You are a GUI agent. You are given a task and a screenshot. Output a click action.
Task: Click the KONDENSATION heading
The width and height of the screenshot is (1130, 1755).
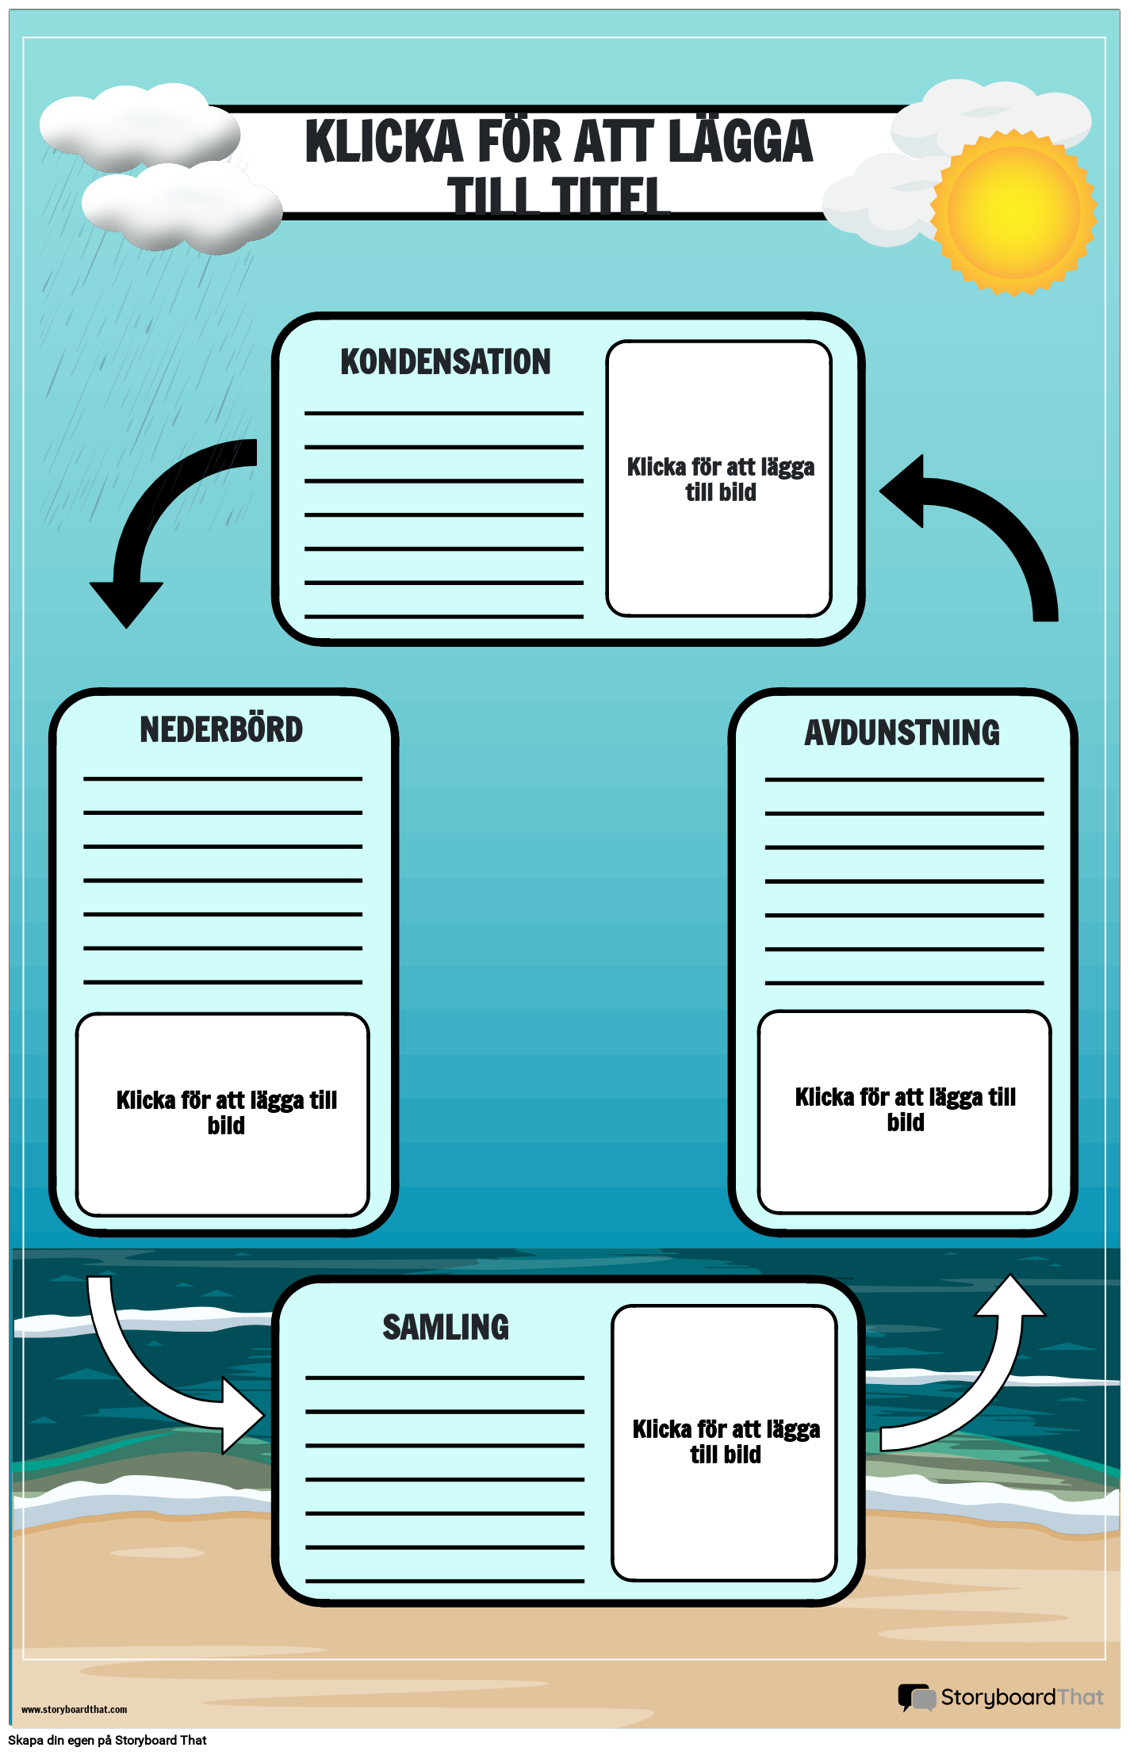click(445, 362)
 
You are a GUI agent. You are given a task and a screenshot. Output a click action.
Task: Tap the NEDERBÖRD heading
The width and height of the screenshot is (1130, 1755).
click(221, 730)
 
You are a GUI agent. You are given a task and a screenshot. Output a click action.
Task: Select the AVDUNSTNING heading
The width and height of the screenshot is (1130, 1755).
click(902, 733)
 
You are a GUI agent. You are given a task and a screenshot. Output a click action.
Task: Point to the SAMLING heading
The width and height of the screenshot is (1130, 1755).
click(446, 1328)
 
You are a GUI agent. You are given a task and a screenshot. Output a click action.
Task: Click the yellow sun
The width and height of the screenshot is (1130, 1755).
click(1013, 212)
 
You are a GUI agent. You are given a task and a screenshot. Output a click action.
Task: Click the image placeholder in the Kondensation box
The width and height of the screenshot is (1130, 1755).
click(719, 479)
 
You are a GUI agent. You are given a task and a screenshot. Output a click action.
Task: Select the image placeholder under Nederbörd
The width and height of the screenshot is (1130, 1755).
click(223, 1114)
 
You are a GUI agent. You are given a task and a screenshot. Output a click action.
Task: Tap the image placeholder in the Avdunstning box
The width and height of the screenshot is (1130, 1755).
click(904, 1111)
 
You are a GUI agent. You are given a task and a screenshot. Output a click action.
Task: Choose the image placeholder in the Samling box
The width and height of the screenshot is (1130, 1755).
click(724, 1442)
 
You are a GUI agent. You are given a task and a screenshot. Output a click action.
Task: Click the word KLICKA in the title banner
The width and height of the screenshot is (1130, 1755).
click(384, 143)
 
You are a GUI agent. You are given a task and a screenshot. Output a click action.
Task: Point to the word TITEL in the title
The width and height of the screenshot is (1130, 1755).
click(611, 197)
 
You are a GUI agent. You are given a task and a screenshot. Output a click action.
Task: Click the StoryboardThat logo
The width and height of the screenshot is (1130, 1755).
click(1001, 1697)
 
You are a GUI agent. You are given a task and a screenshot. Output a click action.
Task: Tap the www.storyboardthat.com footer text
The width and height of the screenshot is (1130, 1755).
click(74, 1709)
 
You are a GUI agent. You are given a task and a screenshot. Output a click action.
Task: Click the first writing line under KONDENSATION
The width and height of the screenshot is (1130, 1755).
click(444, 413)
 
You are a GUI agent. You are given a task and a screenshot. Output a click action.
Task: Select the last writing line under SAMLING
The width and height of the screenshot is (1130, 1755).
click(444, 1581)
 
